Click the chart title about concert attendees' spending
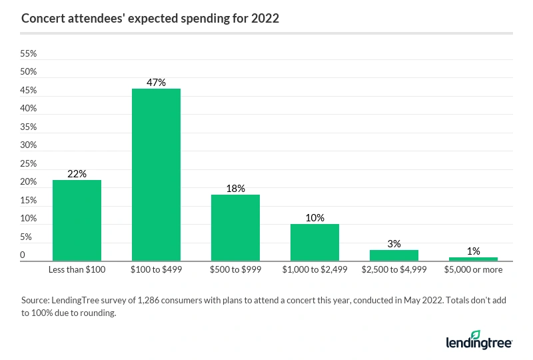tap(150, 19)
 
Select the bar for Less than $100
tap(77, 220)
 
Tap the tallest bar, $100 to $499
tap(156, 175)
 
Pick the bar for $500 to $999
tap(235, 227)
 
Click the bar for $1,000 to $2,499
tap(314, 242)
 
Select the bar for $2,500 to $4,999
tap(394, 255)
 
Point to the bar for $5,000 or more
tap(473, 258)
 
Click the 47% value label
tap(156, 83)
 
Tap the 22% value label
tap(77, 174)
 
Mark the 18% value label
tap(235, 189)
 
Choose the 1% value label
tap(473, 251)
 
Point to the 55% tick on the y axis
tap(29, 53)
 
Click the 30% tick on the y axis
tap(29, 145)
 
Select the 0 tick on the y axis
tap(23, 255)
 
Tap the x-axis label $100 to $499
tap(156, 270)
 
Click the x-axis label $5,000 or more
tap(473, 270)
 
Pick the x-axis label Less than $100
tap(77, 270)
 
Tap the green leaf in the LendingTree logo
tap(476, 333)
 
